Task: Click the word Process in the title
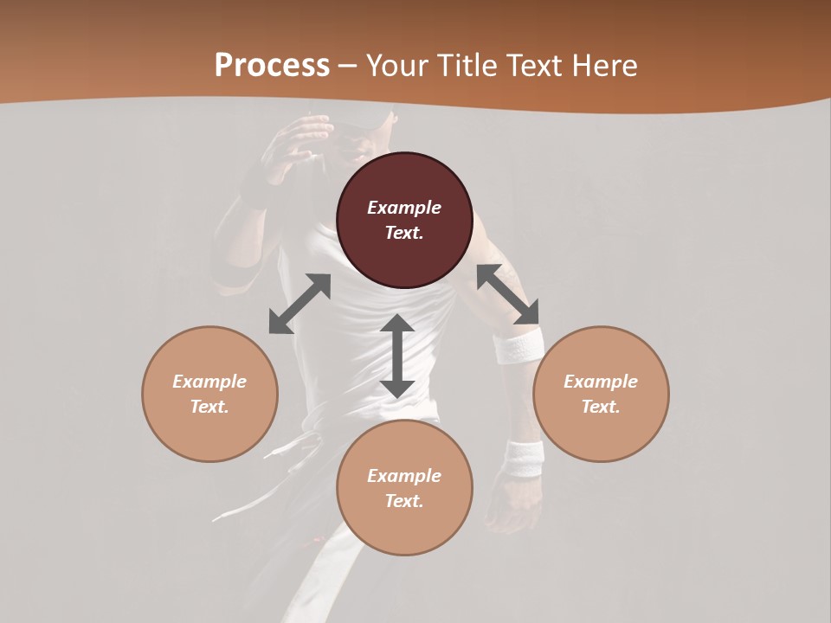pos(272,66)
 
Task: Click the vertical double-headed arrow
pos(397,356)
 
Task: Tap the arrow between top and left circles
pos(300,304)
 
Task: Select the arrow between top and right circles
pos(507,294)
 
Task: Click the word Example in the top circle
pos(404,208)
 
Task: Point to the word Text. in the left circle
pos(209,407)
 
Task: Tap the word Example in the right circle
pos(601,382)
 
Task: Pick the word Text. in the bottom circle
pos(404,501)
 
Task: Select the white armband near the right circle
pos(519,348)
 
